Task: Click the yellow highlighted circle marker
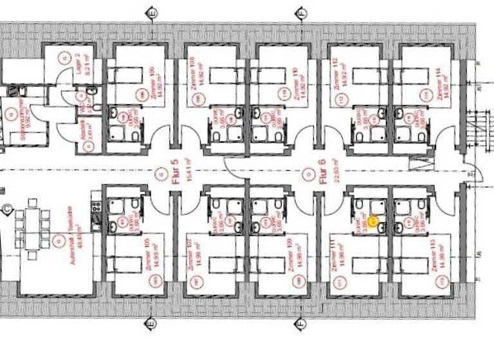click(378, 227)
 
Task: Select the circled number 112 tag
click(342, 98)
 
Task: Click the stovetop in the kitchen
click(96, 207)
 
